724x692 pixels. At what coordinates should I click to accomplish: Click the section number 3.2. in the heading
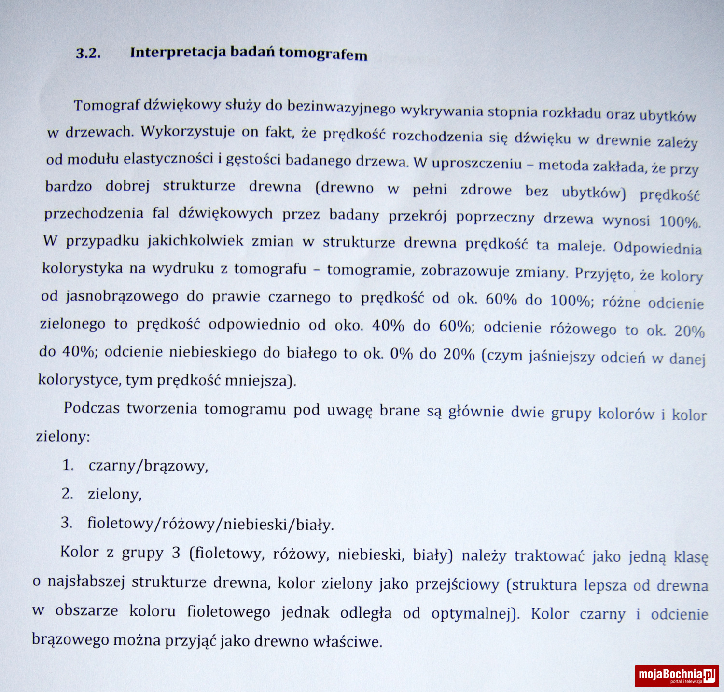(x=88, y=53)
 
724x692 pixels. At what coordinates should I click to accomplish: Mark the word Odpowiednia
(x=657, y=248)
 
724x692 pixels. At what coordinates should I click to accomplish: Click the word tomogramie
(x=370, y=270)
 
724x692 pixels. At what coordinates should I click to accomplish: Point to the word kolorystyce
(x=79, y=379)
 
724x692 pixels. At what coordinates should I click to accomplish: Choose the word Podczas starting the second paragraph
(x=92, y=408)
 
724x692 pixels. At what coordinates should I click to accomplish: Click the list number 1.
(x=68, y=465)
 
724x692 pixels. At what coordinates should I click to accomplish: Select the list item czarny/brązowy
(x=148, y=466)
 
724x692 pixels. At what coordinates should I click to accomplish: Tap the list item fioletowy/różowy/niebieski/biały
(x=210, y=524)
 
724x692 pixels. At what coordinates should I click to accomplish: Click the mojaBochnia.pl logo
(x=677, y=675)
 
